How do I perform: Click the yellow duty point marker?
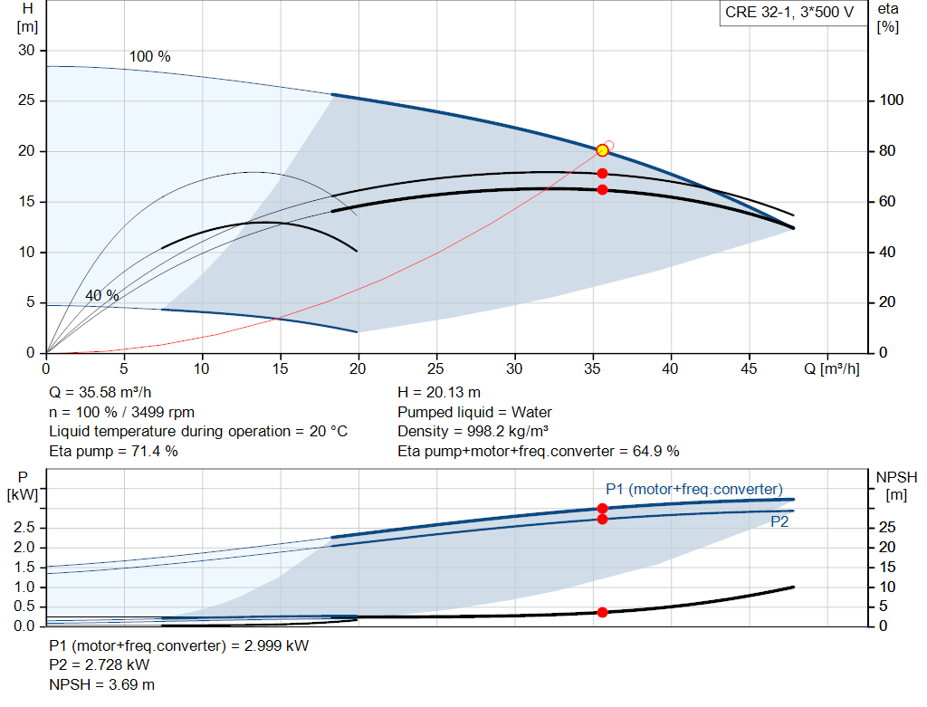click(602, 150)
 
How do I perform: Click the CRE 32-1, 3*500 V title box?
click(788, 14)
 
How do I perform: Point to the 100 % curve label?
click(149, 56)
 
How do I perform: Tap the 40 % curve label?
click(101, 295)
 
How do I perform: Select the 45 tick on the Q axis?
click(748, 369)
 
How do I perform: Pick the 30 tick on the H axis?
click(26, 50)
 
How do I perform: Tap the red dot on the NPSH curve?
click(602, 612)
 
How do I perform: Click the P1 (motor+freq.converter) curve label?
click(694, 489)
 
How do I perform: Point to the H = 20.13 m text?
click(439, 393)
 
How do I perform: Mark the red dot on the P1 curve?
click(602, 509)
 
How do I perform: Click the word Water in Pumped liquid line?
click(531, 412)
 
